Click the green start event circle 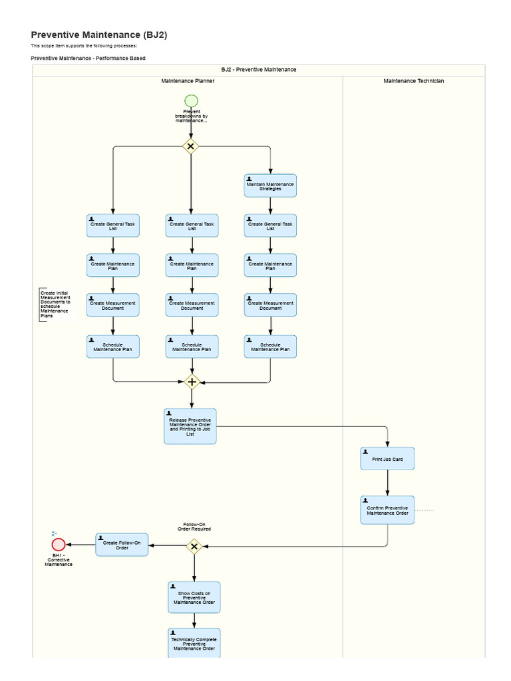pos(191,100)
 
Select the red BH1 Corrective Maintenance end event pos(59,545)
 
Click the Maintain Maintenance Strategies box pos(270,186)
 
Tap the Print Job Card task pos(388,459)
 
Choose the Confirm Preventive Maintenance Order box pos(388,510)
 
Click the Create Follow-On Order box pos(122,545)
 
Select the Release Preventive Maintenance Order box pos(190,426)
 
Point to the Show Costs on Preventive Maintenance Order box pos(194,597)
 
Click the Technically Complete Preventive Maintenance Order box pos(194,643)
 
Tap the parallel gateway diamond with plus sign pos(192,382)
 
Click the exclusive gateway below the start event pos(191,146)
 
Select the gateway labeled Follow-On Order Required pos(194,546)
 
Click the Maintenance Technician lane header pos(414,81)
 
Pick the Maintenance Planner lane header pos(188,81)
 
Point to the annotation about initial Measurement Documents pos(55,305)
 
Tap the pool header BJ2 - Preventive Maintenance pos(259,69)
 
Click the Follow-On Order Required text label pos(194,527)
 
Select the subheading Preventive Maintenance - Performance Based pos(88,59)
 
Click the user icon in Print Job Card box pos(365,452)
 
